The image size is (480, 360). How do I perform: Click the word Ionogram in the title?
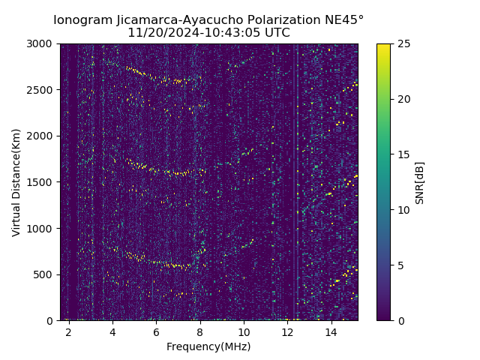82,20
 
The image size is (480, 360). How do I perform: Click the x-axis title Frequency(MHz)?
208,346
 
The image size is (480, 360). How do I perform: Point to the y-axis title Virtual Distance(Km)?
16,182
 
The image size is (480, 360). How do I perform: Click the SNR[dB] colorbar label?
420,182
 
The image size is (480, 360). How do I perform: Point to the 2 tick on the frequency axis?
68,331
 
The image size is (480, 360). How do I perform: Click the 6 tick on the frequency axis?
156,331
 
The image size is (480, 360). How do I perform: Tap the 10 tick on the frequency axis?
244,331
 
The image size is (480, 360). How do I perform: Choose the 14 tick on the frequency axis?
331,331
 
